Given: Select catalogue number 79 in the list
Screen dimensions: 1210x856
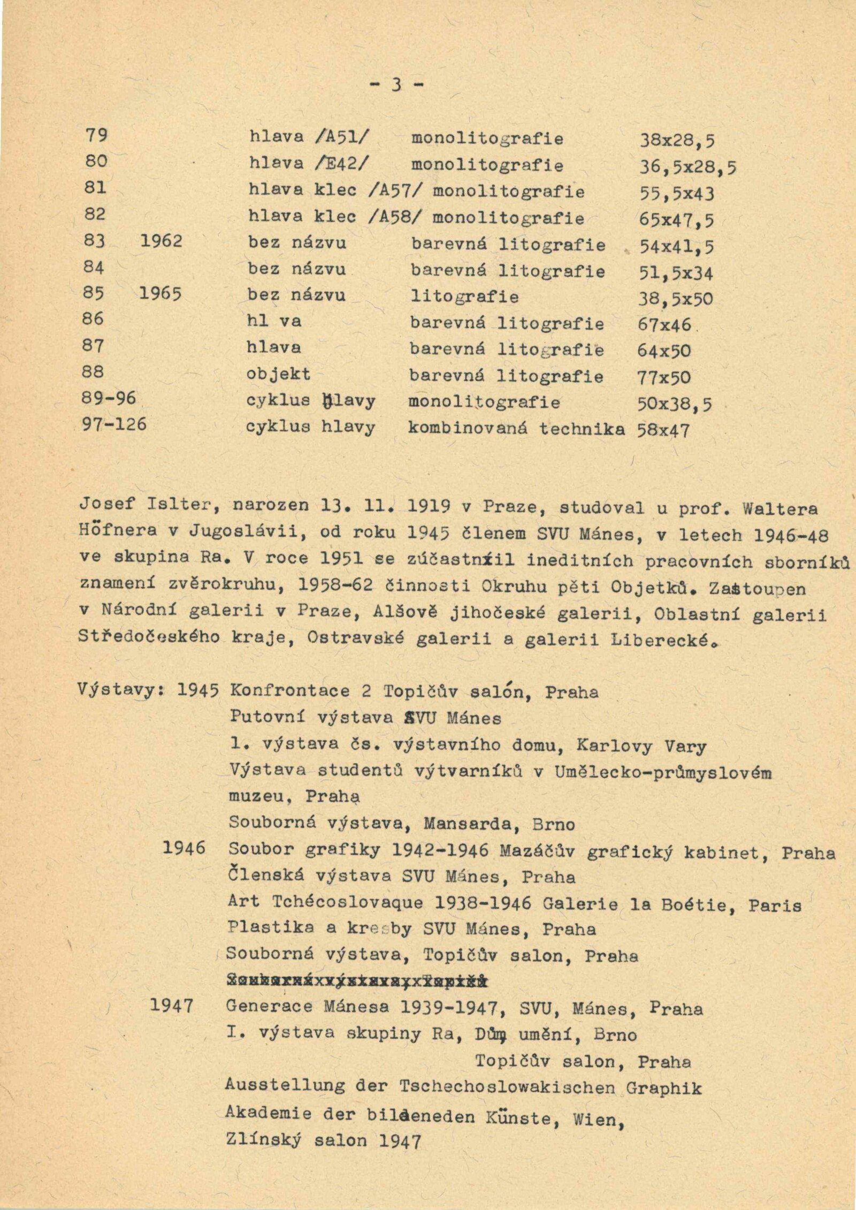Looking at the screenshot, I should pyautogui.click(x=96, y=136).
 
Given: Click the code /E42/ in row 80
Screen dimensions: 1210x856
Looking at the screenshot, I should pyautogui.click(x=343, y=164).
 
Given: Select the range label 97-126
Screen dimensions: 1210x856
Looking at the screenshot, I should pyautogui.click(x=114, y=425).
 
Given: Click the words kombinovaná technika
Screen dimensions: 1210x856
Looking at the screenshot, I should pyautogui.click(x=516, y=429).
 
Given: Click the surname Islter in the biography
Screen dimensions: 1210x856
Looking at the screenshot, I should pyautogui.click(x=173, y=505).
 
